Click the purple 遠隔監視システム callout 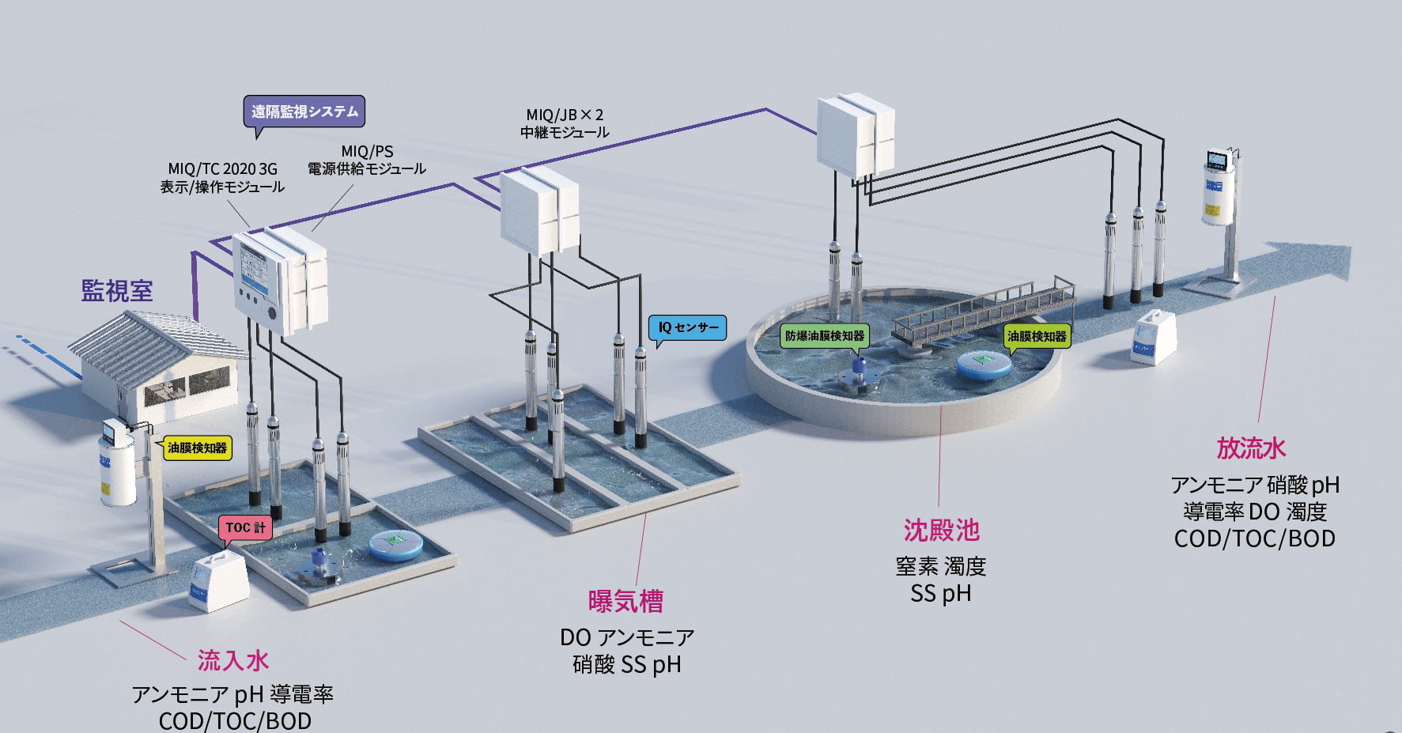click(x=304, y=111)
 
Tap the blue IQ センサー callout click(x=688, y=327)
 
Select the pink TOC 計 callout click(x=245, y=527)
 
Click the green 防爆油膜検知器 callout click(x=825, y=336)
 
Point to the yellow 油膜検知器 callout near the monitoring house click(x=197, y=448)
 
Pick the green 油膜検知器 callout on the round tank click(x=1037, y=336)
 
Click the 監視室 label click(x=117, y=291)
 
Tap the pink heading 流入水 click(x=233, y=660)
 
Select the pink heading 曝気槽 click(x=625, y=602)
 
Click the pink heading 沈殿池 click(x=941, y=531)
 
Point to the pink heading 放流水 click(x=1251, y=448)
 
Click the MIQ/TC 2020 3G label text click(x=222, y=168)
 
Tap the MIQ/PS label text click(x=367, y=151)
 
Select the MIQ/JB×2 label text click(x=565, y=115)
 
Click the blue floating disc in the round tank click(x=984, y=364)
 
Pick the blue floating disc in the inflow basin click(x=395, y=544)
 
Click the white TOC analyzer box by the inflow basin click(x=217, y=581)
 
